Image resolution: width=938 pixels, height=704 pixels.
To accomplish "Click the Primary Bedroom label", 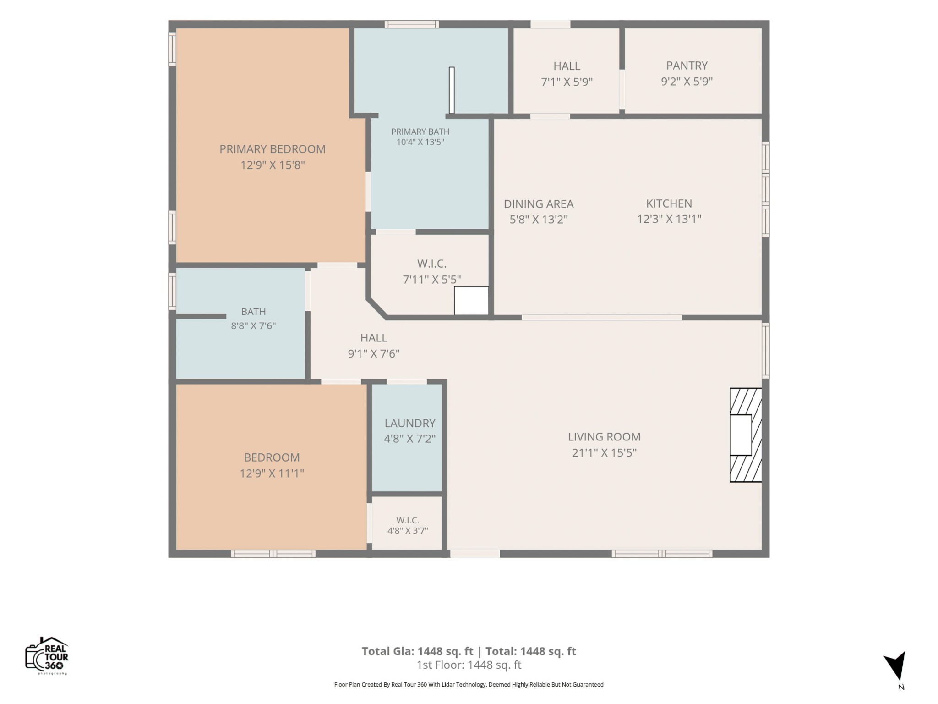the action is pos(273,149).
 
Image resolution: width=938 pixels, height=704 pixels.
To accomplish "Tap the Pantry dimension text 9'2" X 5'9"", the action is pos(687,82).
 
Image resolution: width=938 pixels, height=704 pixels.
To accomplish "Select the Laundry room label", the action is pos(410,423).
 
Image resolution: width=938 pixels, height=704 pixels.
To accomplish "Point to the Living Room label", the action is pos(604,437).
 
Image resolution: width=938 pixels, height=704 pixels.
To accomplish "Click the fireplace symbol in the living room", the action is pos(746,435).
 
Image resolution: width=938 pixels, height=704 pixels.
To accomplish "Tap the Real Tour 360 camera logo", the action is pos(47,655).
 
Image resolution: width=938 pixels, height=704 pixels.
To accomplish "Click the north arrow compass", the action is pos(895,667).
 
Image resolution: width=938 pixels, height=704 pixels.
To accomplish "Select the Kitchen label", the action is pos(669,203).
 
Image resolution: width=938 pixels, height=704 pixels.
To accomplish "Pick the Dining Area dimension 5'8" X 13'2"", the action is pos(539,220).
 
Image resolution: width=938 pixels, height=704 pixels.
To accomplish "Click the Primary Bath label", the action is pos(420,132).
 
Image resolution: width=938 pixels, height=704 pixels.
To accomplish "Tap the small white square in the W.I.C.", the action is pos(471,301).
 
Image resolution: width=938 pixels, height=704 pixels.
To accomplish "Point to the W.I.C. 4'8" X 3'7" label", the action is pos(408,525).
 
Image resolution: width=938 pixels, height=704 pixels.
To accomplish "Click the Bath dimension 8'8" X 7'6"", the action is pos(253,326).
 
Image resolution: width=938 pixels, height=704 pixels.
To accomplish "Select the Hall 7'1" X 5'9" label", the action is pos(567,74).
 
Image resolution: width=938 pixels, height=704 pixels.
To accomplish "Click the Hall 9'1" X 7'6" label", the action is pos(374,346).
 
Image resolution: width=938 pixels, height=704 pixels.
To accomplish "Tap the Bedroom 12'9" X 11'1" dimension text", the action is pos(272,473).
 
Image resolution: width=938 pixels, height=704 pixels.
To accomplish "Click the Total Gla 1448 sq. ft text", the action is pos(417,651).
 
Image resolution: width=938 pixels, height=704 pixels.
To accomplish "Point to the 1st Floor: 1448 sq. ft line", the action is pos(469,665).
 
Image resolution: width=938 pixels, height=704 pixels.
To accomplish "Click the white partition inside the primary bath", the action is pos(452,90).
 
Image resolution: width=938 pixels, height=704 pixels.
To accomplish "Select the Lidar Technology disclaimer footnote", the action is pos(469,685).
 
